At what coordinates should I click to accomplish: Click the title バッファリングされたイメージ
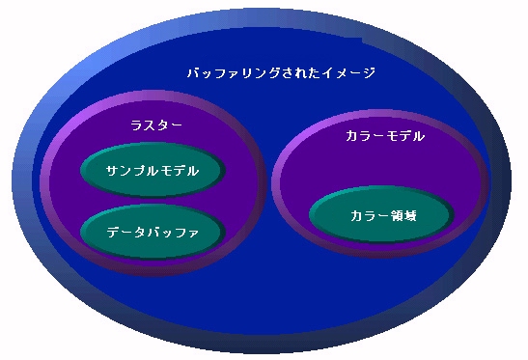(280, 73)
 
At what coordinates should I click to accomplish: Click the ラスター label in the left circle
(156, 125)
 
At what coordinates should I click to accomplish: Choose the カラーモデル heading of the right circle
(384, 137)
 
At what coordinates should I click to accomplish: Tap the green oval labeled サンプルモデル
(153, 171)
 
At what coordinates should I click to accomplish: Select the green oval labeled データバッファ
(153, 232)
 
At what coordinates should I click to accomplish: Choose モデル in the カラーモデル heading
(405, 137)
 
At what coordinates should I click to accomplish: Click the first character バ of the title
(193, 73)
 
